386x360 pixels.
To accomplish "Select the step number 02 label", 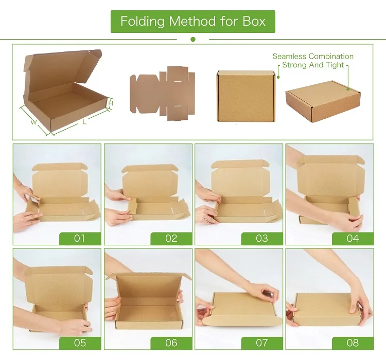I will click(171, 238).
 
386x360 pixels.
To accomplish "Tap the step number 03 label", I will click(261, 238).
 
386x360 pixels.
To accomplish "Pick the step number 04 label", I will click(353, 238).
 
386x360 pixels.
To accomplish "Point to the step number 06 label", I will click(171, 343).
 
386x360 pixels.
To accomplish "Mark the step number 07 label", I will click(261, 343).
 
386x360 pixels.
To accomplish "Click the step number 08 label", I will click(353, 343).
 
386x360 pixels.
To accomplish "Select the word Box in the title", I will click(255, 22).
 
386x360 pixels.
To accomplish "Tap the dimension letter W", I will click(33, 122).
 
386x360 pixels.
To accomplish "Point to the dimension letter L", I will click(84, 122).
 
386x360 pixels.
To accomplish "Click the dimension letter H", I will click(111, 103).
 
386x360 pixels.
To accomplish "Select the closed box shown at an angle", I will click(323, 101).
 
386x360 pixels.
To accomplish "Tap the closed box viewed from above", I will click(245, 96).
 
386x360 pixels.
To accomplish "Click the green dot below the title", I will click(193, 39).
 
